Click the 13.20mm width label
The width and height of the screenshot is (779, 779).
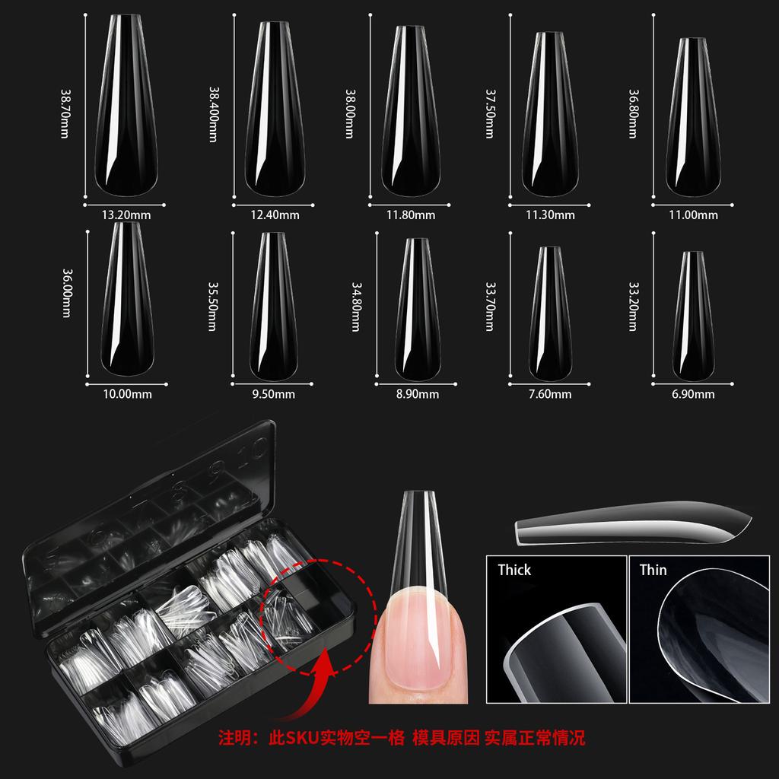tap(126, 215)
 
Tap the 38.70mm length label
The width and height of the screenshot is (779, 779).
tap(65, 114)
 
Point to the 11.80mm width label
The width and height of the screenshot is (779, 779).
tap(410, 215)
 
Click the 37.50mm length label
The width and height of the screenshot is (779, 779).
tap(491, 114)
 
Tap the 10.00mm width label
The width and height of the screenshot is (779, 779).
tap(126, 394)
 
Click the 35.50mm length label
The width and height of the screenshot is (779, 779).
tap(213, 307)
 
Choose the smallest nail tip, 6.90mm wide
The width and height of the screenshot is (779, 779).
tap(693, 316)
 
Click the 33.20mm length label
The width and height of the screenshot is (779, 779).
tap(632, 307)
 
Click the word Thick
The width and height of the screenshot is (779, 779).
tap(514, 570)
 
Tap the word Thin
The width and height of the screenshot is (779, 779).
tap(653, 570)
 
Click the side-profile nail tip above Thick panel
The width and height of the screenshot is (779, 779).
tap(631, 526)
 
